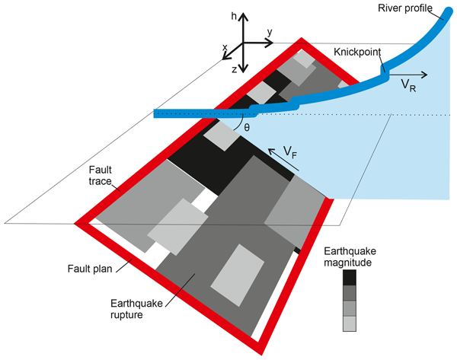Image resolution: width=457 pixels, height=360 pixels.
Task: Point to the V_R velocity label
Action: click(x=409, y=87)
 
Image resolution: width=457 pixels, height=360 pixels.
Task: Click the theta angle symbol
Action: click(x=247, y=127)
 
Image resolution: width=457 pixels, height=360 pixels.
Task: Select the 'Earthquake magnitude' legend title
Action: click(x=350, y=256)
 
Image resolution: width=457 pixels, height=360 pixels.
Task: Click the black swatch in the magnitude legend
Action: click(x=350, y=278)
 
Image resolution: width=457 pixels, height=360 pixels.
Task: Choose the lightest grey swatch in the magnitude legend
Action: click(x=350, y=323)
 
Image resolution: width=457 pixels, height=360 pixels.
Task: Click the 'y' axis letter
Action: click(x=270, y=33)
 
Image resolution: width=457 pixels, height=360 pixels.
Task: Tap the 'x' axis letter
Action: click(x=225, y=48)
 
